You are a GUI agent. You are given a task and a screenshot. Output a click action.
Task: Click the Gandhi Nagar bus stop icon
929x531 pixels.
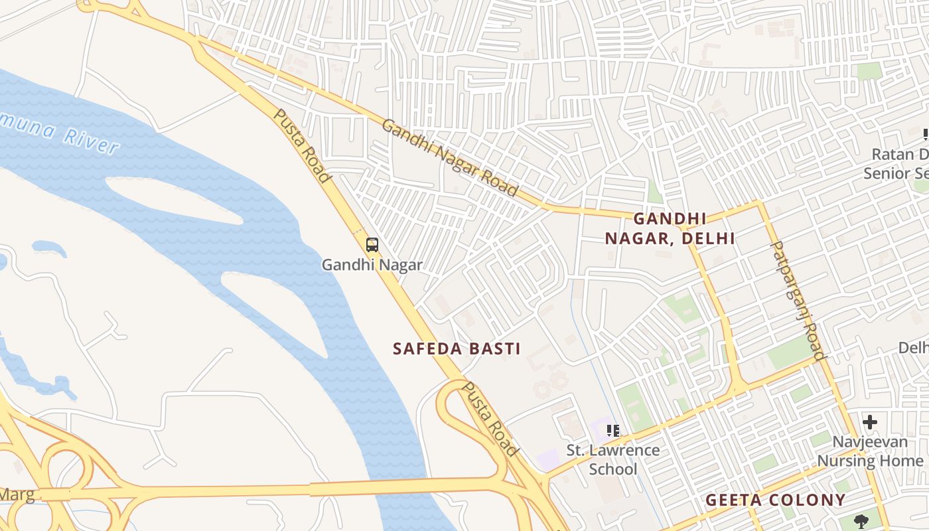[x=372, y=244]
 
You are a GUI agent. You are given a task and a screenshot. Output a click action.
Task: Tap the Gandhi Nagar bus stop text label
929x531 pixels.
[x=372, y=265]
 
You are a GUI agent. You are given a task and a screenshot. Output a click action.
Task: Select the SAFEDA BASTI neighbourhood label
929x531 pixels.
[x=457, y=348]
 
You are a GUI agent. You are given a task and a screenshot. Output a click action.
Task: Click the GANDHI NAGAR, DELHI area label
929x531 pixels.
[x=670, y=228]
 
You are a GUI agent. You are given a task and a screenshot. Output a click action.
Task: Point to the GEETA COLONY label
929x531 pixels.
[x=775, y=500]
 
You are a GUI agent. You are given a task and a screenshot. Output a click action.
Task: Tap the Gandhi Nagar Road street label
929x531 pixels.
[x=449, y=158]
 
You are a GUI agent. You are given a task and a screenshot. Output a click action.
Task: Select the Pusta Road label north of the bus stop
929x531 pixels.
[x=302, y=146]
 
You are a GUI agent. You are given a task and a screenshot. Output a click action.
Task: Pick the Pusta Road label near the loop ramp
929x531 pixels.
[x=490, y=419]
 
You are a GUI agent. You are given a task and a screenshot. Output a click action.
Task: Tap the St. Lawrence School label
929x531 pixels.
[x=612, y=459]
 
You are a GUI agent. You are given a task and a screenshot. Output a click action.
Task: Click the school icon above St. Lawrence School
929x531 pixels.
[x=612, y=430]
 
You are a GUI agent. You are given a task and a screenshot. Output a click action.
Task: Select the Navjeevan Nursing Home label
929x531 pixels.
[x=869, y=451]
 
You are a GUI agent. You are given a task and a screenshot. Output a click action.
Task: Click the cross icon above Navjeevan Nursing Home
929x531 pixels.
[x=869, y=421]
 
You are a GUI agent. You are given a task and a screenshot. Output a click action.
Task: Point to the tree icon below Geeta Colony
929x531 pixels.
[x=861, y=521]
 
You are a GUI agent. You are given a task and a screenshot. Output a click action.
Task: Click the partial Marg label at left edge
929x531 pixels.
[x=17, y=494]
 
